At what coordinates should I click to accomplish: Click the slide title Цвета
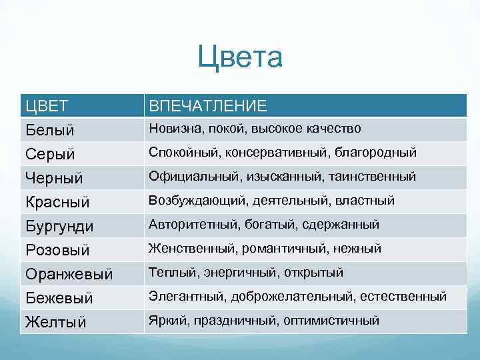(240, 57)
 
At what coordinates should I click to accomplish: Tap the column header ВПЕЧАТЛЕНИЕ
(207, 105)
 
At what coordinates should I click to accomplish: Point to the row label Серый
(50, 154)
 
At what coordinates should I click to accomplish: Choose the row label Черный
(54, 178)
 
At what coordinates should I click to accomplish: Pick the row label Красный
(57, 202)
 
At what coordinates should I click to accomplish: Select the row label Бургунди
(59, 226)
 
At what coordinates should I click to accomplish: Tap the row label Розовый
(57, 250)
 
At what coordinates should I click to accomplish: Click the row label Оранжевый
(69, 274)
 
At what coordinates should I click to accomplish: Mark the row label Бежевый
(59, 298)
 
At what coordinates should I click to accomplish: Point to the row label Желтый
(56, 322)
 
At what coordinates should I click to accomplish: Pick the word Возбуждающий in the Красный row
(191, 200)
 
